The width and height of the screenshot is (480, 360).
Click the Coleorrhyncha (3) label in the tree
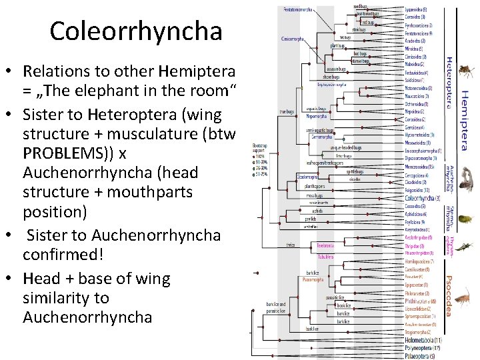(422, 198)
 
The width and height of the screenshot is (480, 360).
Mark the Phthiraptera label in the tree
(420, 301)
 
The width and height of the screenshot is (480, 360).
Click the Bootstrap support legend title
(261, 148)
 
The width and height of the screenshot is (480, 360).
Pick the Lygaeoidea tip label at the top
(417, 10)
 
